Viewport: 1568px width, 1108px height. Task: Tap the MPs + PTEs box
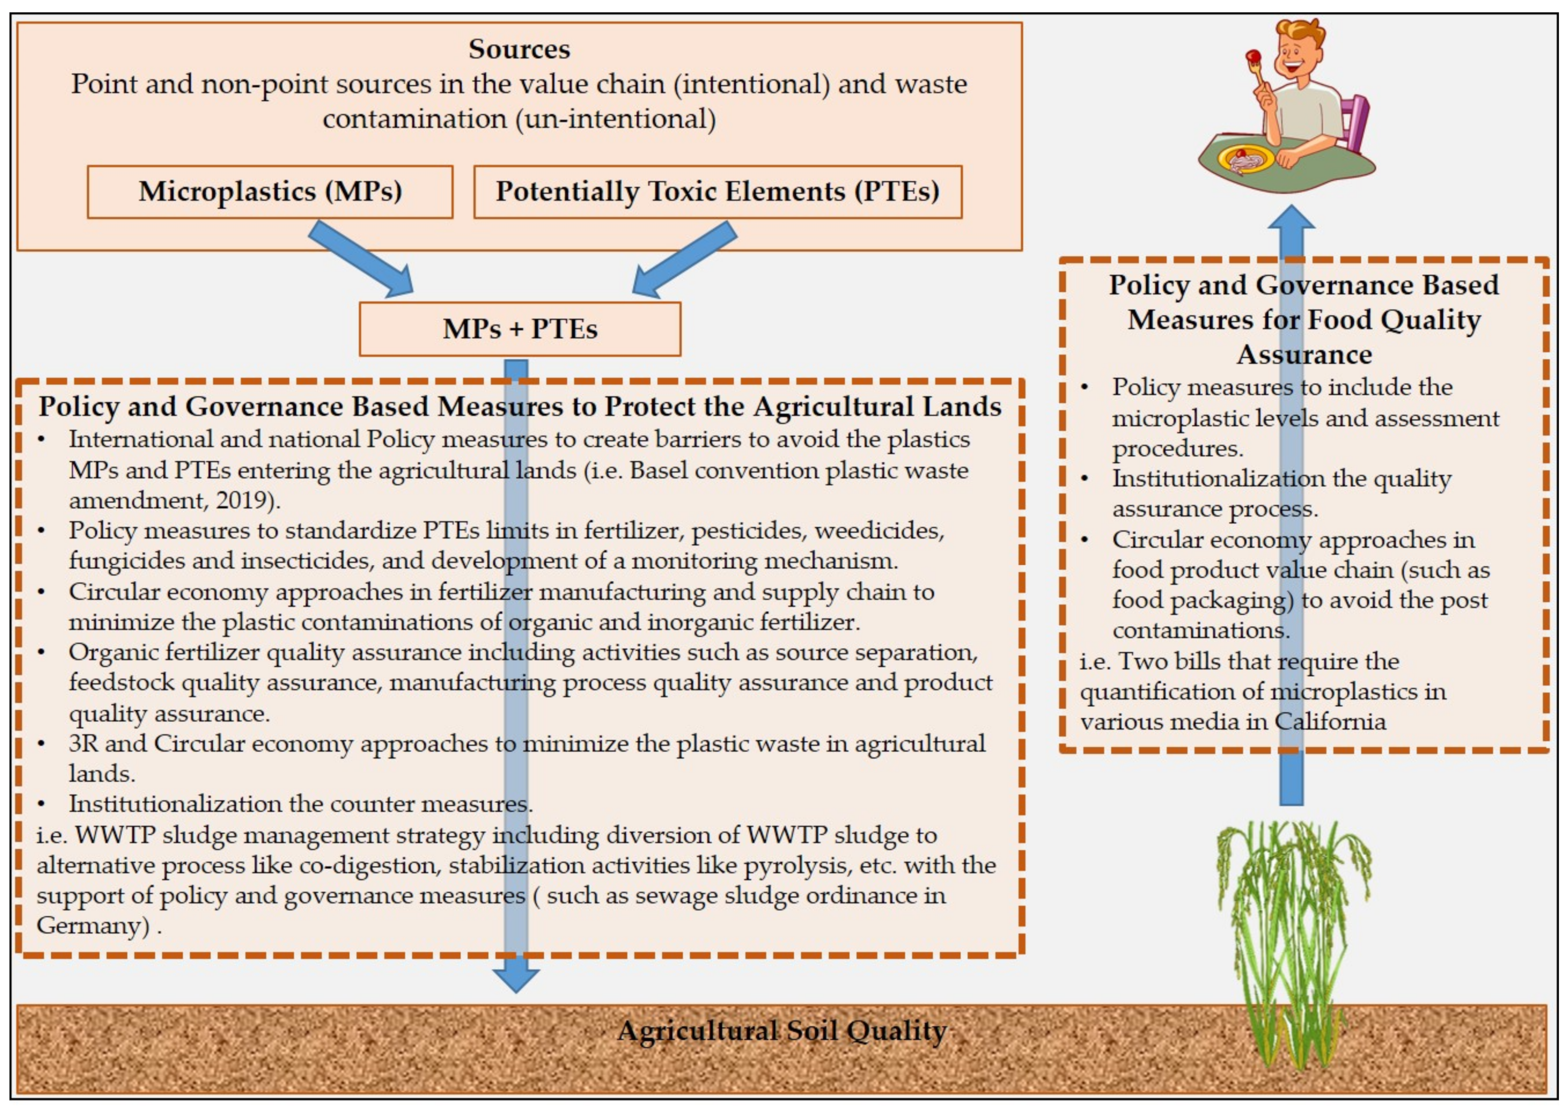[x=520, y=329]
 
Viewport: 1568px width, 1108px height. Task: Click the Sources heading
[x=519, y=49]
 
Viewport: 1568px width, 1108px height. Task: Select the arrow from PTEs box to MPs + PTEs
[x=683, y=260]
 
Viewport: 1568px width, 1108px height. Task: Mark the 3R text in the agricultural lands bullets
[x=84, y=743]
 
